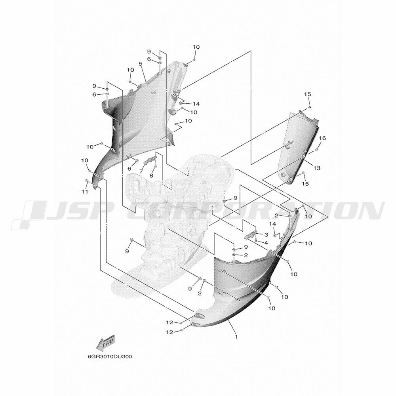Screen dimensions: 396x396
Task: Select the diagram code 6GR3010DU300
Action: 110,357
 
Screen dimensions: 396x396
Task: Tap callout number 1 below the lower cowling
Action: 236,337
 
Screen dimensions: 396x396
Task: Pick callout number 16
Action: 322,138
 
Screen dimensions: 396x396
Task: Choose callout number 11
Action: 85,192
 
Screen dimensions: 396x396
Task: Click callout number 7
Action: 141,171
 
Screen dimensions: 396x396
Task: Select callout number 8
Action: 151,176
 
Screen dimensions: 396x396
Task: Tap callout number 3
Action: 266,235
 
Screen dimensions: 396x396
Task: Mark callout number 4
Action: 266,243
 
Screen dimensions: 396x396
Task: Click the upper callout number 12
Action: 169,322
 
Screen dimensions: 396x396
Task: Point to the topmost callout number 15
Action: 307,94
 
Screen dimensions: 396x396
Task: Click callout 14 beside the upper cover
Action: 196,104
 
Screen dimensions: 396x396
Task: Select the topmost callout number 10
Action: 196,47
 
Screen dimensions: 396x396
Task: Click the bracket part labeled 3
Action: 251,235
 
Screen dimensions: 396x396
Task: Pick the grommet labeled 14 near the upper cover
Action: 181,103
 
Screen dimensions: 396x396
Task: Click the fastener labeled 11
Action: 87,181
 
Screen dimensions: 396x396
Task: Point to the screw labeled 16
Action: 316,150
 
